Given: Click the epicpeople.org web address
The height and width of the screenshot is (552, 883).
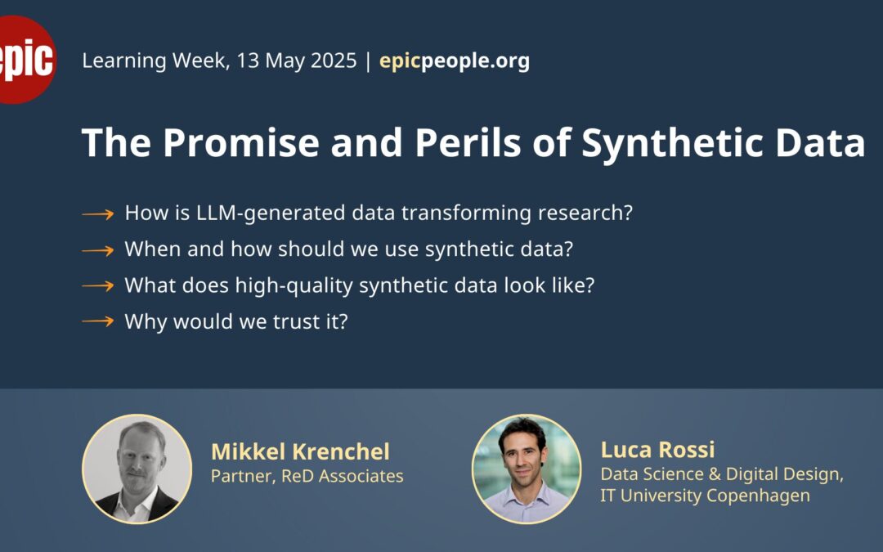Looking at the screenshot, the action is point(455,61).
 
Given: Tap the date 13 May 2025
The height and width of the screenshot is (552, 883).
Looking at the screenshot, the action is point(297,61).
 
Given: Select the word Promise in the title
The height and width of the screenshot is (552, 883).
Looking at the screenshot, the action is point(241,142).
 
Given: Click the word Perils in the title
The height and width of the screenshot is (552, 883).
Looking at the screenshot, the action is point(468,142).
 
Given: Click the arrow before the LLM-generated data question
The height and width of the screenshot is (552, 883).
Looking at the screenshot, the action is point(98,214).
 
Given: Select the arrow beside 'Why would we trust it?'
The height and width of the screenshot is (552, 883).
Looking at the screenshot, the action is point(98,321).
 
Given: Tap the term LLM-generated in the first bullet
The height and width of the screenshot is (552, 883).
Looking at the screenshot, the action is point(270,213).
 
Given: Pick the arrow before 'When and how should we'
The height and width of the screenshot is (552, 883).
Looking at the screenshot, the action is point(98,250).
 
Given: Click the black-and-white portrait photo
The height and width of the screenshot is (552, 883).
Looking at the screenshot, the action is point(137,469).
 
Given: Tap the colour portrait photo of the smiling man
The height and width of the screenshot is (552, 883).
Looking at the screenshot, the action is point(526,469).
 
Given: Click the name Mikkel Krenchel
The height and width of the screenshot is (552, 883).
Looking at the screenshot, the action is point(300,451).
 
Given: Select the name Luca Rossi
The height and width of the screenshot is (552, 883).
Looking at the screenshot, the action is point(657,450).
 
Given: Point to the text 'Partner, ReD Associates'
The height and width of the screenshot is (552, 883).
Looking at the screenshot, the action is point(307,477).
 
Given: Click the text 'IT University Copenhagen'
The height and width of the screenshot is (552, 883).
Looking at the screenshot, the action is point(705,496).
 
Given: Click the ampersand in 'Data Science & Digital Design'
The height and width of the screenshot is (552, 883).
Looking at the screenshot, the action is point(715,474).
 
